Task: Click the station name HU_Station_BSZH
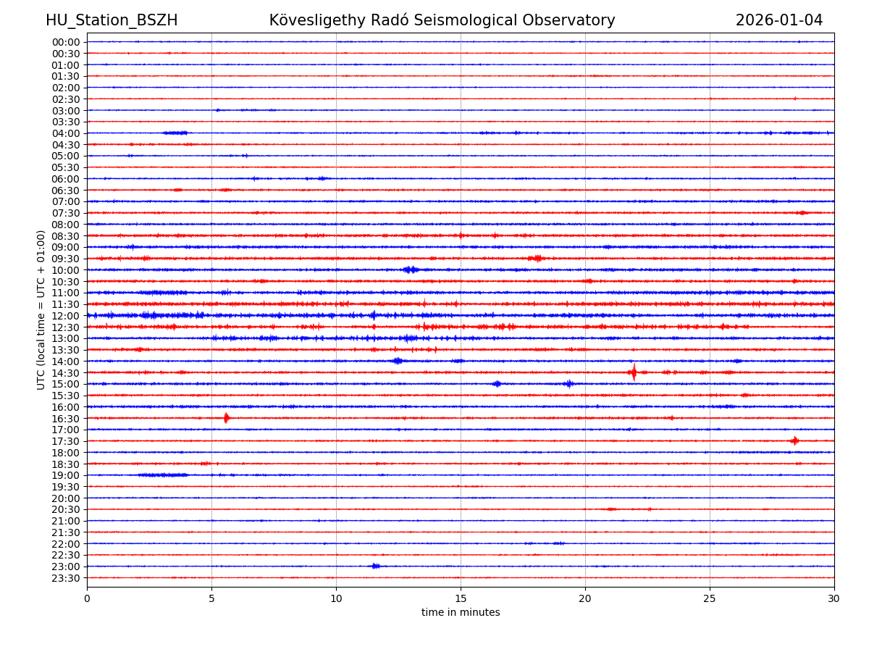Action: pos(112,20)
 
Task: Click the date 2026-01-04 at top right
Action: pos(778,20)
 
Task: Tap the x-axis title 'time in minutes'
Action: pos(461,613)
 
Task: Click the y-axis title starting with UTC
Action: pos(41,309)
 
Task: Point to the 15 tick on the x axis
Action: pos(461,599)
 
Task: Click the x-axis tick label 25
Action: pos(710,599)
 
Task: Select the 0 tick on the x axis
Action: pos(87,599)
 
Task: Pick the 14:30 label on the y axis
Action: pos(66,372)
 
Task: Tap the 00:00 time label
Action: pos(66,42)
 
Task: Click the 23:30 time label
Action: pos(66,578)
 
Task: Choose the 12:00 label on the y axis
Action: pos(66,316)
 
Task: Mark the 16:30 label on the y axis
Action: pos(66,418)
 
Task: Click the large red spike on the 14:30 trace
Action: pos(634,372)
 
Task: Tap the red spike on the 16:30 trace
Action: pos(227,418)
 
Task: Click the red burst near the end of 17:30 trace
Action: pos(794,440)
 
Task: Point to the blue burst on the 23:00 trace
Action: pos(375,566)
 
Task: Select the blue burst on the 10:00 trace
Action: pos(411,269)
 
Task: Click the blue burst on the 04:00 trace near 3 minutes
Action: pos(175,133)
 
